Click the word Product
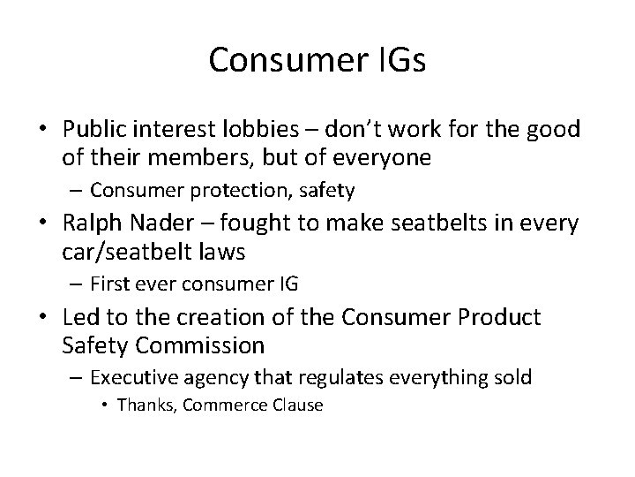(498, 316)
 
